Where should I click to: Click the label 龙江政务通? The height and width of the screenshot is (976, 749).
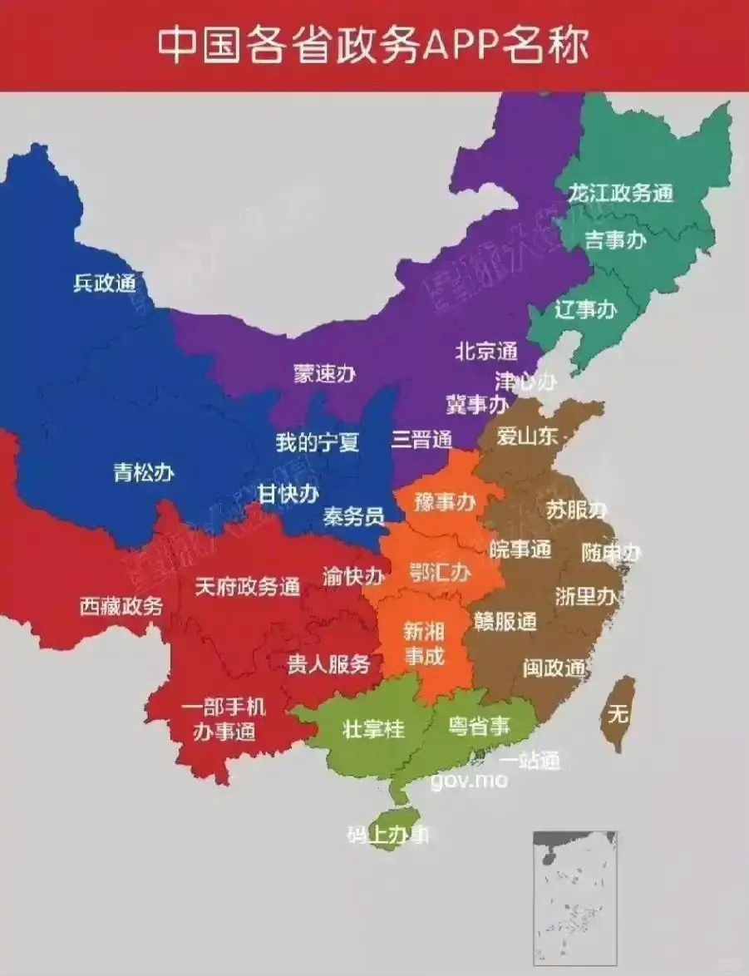click(620, 194)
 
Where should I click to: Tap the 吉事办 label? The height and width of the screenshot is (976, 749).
click(616, 241)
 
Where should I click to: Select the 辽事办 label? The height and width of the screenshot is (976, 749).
click(585, 310)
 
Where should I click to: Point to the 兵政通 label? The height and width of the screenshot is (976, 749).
click(104, 283)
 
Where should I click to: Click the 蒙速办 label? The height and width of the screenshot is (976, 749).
click(324, 374)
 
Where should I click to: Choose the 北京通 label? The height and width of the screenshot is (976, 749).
click(486, 351)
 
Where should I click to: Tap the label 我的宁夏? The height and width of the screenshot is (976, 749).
click(318, 442)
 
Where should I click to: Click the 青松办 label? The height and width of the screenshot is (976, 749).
click(144, 473)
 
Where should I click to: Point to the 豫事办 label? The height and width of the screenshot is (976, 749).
click(445, 501)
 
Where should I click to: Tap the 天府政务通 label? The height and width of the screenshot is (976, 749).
click(247, 587)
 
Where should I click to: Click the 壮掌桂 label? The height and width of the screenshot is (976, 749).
click(373, 728)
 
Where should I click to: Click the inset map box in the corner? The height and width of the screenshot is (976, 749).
click(564, 898)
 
